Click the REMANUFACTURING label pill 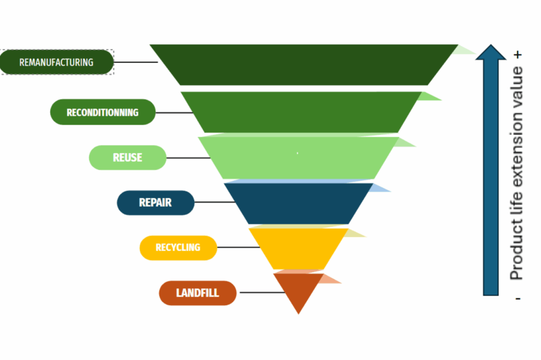pos(57,62)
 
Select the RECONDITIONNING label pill pos(102,112)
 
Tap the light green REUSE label pos(127,157)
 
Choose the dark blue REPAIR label pos(155,203)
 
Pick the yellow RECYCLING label pos(178,248)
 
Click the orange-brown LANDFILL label pos(198,293)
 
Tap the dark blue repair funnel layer pos(299,203)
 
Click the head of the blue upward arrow pos(491,53)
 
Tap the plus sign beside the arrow pos(518,54)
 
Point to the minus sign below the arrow pos(518,299)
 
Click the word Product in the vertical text pos(517,255)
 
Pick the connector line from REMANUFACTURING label pos(135,62)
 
